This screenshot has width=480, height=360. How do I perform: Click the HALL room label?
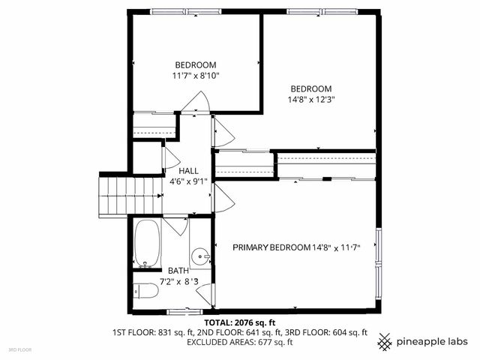pyautogui.click(x=188, y=171)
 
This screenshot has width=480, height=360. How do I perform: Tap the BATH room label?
pyautogui.click(x=178, y=271)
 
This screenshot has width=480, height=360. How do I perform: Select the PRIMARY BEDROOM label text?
pyautogui.click(x=271, y=247)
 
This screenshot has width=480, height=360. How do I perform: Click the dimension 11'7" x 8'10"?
pyautogui.click(x=195, y=75)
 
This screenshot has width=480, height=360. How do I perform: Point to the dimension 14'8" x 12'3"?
pyautogui.click(x=311, y=98)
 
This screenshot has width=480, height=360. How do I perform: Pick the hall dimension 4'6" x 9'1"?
pyautogui.click(x=188, y=181)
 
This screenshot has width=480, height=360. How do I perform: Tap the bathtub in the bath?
pyautogui.click(x=148, y=243)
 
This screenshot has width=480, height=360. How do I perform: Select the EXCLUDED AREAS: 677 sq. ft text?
pyautogui.click(x=239, y=342)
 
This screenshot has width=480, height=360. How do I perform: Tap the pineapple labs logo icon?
pyautogui.click(x=385, y=341)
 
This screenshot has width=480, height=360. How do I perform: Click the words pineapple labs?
pyautogui.click(x=433, y=341)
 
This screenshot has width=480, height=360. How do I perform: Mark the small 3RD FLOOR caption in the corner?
pyautogui.click(x=19, y=350)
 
